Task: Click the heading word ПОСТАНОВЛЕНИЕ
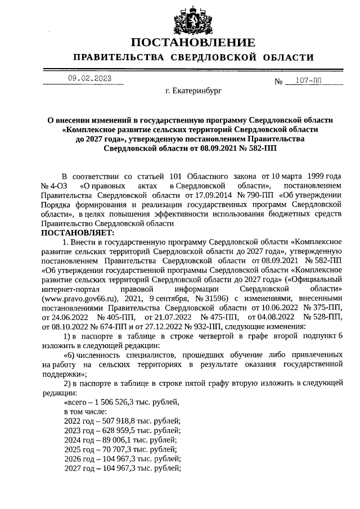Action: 193,43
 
